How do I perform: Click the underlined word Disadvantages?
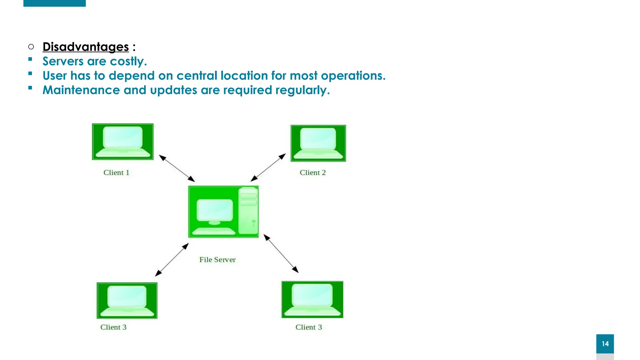(x=86, y=47)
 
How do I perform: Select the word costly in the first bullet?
(x=128, y=61)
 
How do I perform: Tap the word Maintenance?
(x=81, y=90)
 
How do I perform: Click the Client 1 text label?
(x=116, y=172)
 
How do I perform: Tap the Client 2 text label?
(x=312, y=172)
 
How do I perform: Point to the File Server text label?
(x=217, y=259)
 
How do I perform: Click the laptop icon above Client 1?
(x=123, y=142)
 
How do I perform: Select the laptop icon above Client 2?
(x=318, y=143)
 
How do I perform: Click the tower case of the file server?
(x=248, y=211)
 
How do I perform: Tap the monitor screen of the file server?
(x=215, y=210)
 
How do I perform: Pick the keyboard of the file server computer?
(x=214, y=231)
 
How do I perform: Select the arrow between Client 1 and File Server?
(x=177, y=168)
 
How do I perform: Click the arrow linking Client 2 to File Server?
(x=268, y=167)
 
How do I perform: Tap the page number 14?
(x=605, y=344)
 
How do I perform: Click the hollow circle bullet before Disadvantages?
(x=31, y=47)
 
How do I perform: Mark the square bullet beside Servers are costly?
(x=30, y=59)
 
